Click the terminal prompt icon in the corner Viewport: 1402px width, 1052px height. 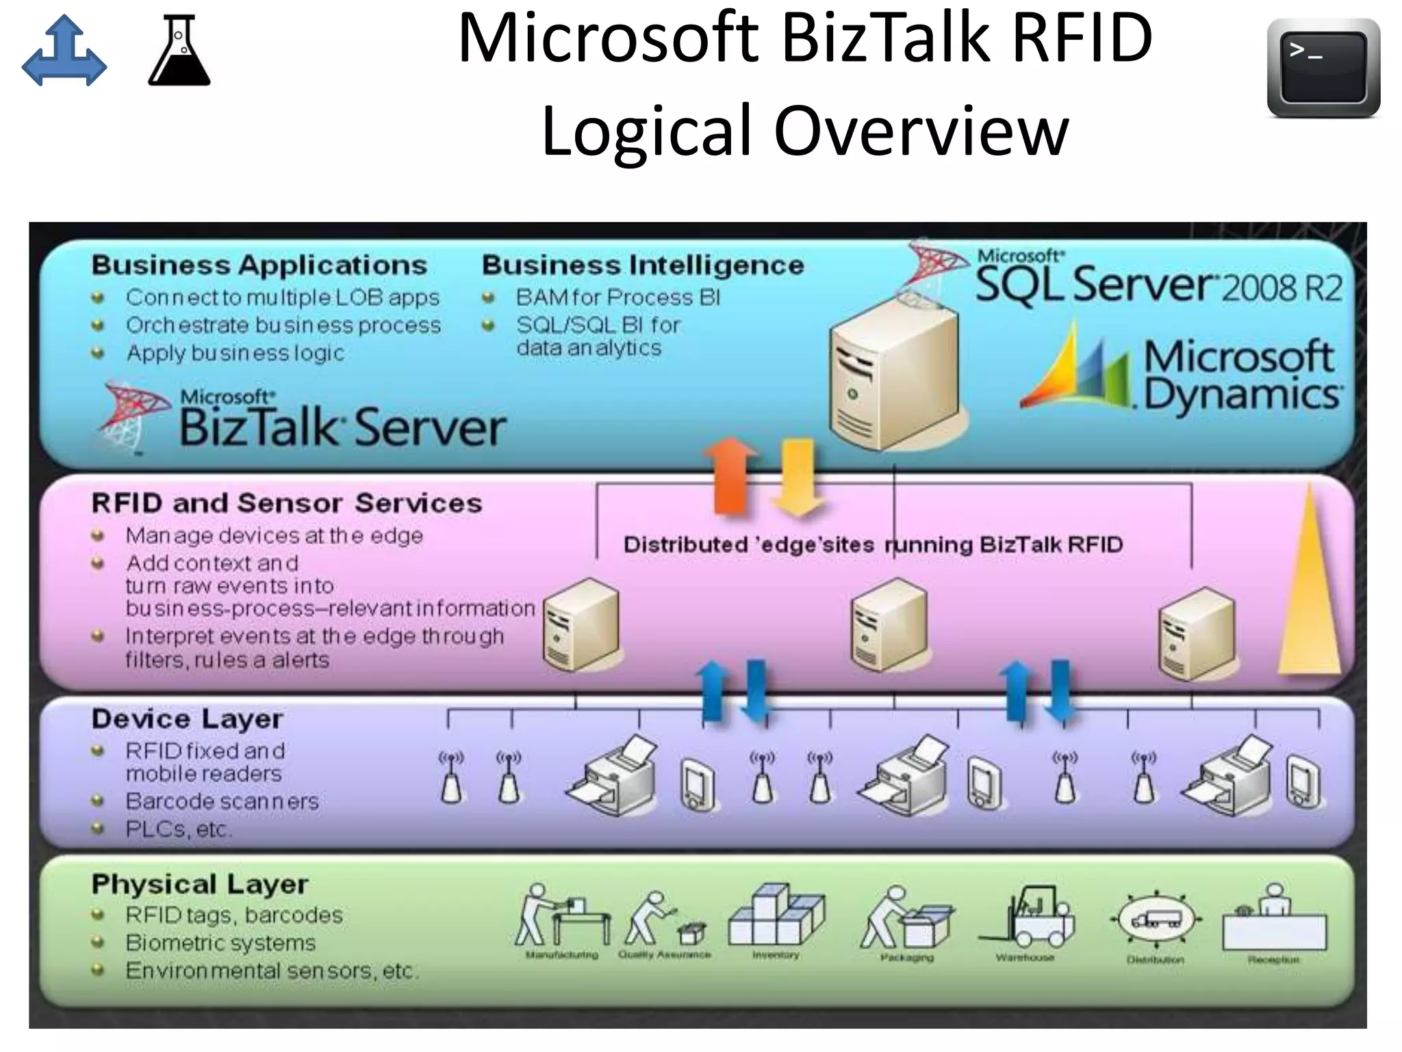click(x=1323, y=67)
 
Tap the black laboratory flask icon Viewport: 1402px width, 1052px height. click(x=179, y=51)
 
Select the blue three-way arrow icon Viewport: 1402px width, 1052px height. click(x=64, y=51)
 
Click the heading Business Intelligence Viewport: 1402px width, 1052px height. click(x=642, y=265)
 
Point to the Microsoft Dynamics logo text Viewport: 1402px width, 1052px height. click(x=1239, y=375)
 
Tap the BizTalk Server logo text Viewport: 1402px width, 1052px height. click(x=341, y=426)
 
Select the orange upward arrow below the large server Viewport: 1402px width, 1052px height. click(x=730, y=476)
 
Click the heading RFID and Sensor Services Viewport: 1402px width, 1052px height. click(x=286, y=503)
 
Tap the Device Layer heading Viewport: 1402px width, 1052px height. click(x=187, y=719)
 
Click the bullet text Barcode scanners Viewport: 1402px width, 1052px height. click(x=222, y=801)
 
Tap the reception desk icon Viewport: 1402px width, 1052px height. click(x=1273, y=921)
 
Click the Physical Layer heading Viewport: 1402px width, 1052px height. click(x=199, y=884)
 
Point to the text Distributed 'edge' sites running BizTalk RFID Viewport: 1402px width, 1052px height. click(x=873, y=545)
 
